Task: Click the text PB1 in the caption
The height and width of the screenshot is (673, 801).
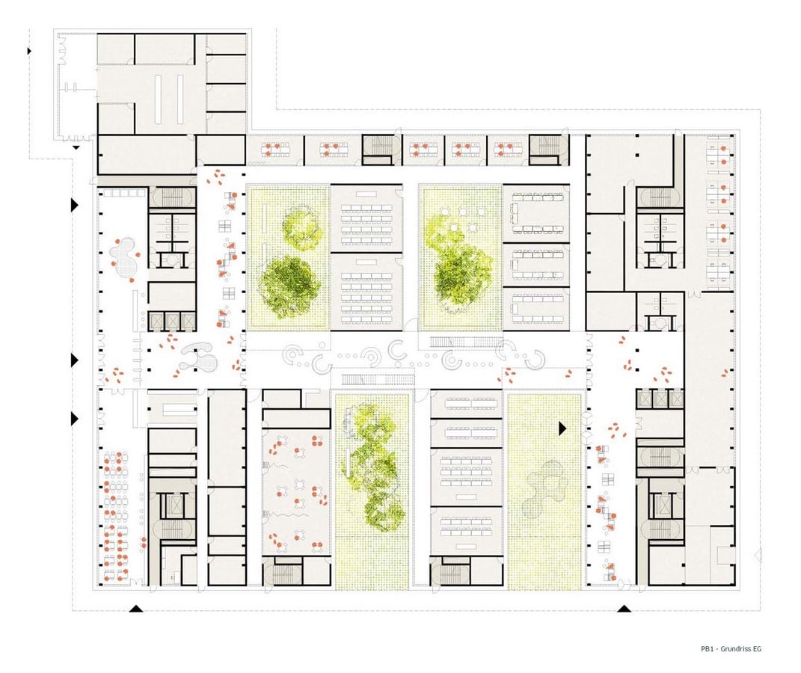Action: pyautogui.click(x=707, y=649)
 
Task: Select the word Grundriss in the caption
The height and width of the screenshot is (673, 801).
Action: pyautogui.click(x=736, y=649)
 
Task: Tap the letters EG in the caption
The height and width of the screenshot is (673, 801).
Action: pyautogui.click(x=757, y=649)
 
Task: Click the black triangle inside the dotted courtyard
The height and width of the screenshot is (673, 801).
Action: pyautogui.click(x=562, y=428)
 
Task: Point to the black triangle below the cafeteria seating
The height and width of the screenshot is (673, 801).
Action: pyautogui.click(x=135, y=608)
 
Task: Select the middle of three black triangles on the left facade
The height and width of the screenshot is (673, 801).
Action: pyautogui.click(x=75, y=360)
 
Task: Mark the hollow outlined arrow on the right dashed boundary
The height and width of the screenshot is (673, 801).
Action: pyautogui.click(x=758, y=555)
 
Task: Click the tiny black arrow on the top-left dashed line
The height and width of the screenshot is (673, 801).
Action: pyautogui.click(x=30, y=51)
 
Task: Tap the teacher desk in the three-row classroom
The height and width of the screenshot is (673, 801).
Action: pyautogui.click(x=466, y=497)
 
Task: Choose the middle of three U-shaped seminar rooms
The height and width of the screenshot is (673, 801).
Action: pyautogui.click(x=536, y=265)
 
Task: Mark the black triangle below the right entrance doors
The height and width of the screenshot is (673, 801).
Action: pyautogui.click(x=624, y=608)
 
